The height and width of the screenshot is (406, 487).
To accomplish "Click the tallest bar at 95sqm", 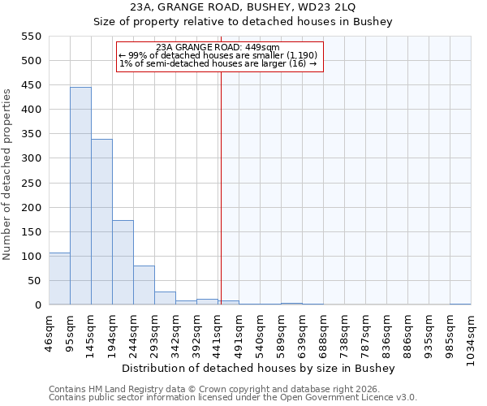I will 80,196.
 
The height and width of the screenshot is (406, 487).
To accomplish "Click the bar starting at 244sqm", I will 144,285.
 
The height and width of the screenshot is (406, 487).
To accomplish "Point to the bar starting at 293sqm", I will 165,298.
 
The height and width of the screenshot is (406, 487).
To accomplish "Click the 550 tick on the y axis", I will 30,37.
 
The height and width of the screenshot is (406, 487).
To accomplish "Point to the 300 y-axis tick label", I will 30,158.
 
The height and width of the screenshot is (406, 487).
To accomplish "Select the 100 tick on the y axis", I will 30,257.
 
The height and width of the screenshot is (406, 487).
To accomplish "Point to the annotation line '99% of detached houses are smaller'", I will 219,55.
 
